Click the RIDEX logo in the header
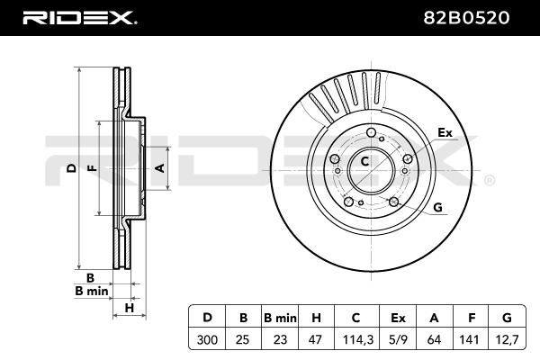(x=80, y=18)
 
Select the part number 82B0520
(x=466, y=18)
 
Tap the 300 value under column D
(x=207, y=340)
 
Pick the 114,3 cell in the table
(x=358, y=340)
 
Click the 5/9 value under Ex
(x=398, y=340)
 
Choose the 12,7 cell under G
(x=508, y=340)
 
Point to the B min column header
(x=280, y=318)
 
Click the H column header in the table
(x=316, y=318)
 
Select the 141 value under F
(x=469, y=340)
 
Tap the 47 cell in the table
(x=315, y=340)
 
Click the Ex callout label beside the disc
(x=445, y=132)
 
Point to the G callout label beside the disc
(x=437, y=207)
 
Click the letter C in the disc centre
(x=364, y=161)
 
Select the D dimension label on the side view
(x=71, y=168)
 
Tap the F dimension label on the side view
(x=92, y=168)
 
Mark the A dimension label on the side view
(x=160, y=168)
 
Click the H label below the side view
(x=129, y=308)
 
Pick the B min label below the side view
(x=92, y=292)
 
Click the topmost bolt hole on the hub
(x=371, y=132)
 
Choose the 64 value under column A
(x=434, y=340)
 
